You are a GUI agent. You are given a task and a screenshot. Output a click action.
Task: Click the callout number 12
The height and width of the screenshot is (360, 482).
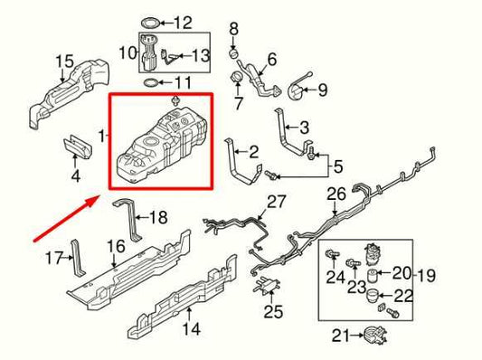click(x=184, y=22)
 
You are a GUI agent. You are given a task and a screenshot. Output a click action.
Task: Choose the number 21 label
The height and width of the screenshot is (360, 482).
click(x=340, y=336)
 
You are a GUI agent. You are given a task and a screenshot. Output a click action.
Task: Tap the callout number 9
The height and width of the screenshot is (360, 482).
click(x=323, y=90)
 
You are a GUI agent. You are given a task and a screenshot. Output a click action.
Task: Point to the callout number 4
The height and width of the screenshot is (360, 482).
click(x=76, y=174)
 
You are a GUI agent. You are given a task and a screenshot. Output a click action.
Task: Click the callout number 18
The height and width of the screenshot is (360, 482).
click(x=158, y=217)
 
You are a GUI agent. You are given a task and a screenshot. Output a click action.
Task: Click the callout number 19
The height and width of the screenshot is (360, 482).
click(x=425, y=273)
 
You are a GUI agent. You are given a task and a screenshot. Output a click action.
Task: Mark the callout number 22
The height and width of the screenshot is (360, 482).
click(x=403, y=297)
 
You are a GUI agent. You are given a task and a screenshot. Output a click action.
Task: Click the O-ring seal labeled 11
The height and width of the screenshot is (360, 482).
click(x=150, y=84)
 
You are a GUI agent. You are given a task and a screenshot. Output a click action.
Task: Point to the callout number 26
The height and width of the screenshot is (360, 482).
click(x=336, y=194)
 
